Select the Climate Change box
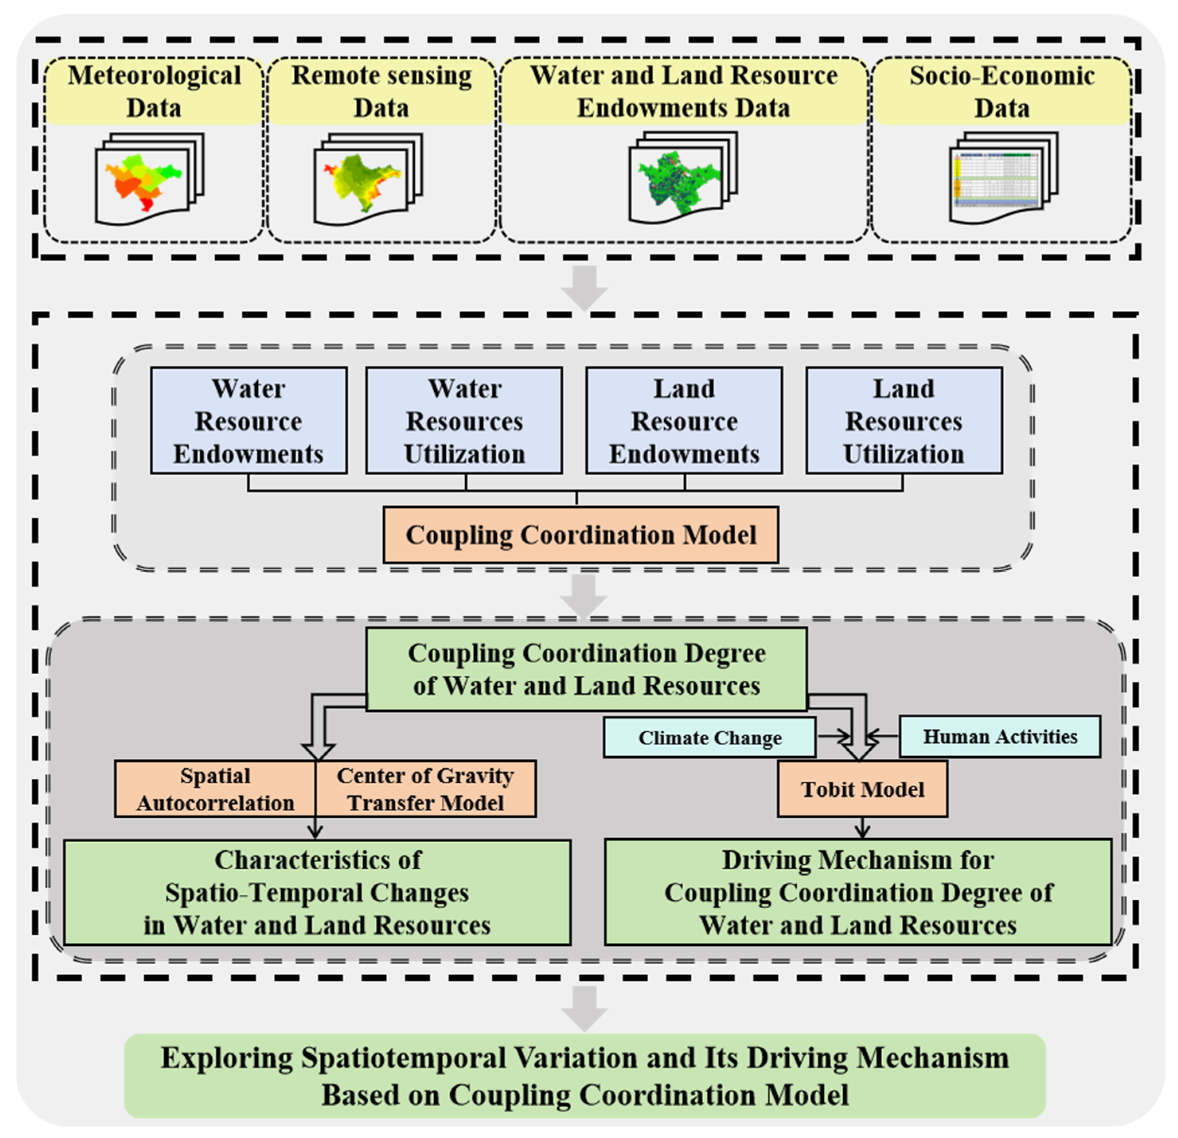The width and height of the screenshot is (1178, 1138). (x=710, y=737)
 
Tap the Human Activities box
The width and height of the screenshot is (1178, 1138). (x=1000, y=736)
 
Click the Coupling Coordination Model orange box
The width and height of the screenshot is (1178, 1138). (x=581, y=535)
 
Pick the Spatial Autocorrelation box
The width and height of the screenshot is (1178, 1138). (x=215, y=789)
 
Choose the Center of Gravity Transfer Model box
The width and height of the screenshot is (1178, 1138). (x=425, y=789)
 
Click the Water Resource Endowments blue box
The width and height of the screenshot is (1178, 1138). (x=249, y=421)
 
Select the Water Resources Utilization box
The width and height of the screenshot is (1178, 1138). (x=464, y=421)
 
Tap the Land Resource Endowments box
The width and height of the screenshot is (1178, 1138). (x=685, y=421)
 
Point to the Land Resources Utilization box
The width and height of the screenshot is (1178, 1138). (x=904, y=421)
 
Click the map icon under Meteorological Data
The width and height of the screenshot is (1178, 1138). (x=150, y=179)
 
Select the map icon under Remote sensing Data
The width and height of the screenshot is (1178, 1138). (x=368, y=179)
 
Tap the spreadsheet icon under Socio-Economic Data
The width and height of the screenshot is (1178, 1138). (x=1004, y=178)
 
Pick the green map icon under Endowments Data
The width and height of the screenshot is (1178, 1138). (x=683, y=178)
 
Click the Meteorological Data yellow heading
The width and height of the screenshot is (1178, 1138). (x=154, y=92)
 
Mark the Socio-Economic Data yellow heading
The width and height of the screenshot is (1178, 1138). (x=1002, y=92)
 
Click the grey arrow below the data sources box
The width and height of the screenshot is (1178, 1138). (x=585, y=288)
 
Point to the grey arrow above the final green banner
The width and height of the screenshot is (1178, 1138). (x=585, y=1009)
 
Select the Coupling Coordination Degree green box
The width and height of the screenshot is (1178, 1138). (x=587, y=669)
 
